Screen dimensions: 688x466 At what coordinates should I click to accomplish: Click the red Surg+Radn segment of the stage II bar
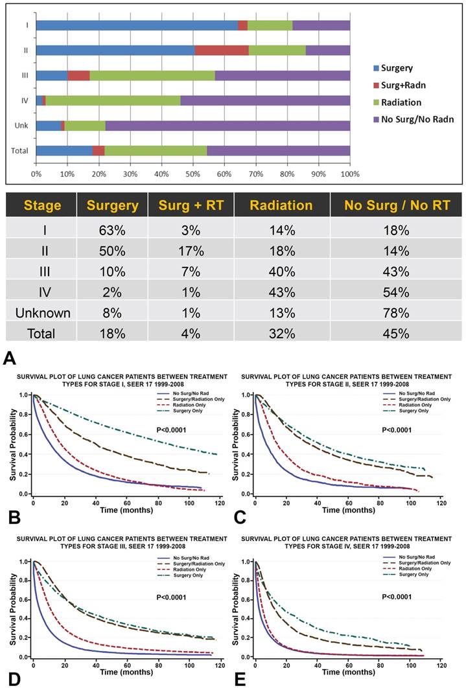[221, 51]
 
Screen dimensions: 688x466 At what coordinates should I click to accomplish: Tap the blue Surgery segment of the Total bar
[64, 150]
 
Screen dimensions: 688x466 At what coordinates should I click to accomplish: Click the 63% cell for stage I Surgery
[107, 231]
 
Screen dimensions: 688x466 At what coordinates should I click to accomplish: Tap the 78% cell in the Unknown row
[396, 314]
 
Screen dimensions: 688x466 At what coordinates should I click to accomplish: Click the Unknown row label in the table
[42, 314]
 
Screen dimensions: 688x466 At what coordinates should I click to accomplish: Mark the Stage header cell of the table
[42, 206]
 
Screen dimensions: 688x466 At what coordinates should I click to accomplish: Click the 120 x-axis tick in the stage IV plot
[441, 666]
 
